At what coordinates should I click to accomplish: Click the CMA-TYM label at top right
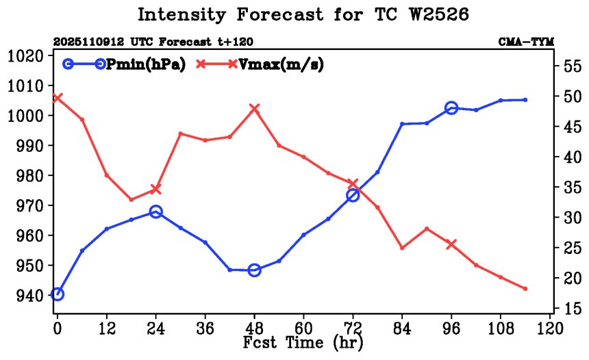(x=525, y=42)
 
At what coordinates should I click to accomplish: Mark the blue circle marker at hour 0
(x=58, y=294)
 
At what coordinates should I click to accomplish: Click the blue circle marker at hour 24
(x=155, y=212)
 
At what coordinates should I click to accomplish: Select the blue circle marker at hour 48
(x=254, y=270)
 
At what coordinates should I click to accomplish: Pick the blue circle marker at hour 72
(x=353, y=195)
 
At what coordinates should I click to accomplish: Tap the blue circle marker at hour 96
(x=451, y=107)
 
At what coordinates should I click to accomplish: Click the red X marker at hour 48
(x=254, y=108)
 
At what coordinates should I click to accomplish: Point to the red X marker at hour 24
(x=155, y=189)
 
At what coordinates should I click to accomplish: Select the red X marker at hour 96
(x=451, y=244)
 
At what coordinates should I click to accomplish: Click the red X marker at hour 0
(x=58, y=98)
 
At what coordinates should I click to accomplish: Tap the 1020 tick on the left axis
(x=25, y=55)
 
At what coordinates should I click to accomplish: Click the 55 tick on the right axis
(x=570, y=66)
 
